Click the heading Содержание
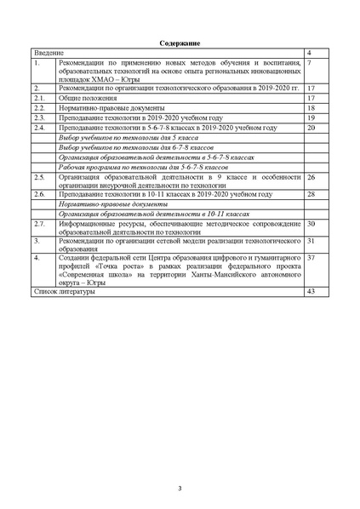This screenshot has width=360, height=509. (180, 43)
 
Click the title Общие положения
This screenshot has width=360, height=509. (88, 98)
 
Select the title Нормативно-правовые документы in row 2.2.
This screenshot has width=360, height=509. (107, 108)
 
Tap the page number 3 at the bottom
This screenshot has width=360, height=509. (180, 487)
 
